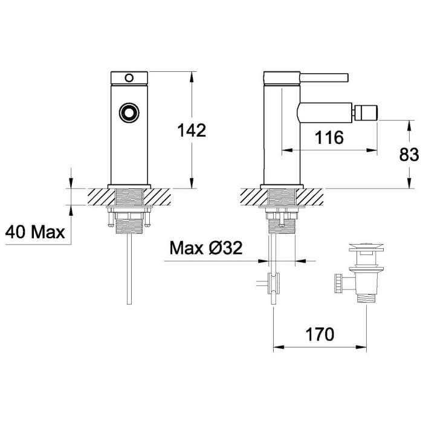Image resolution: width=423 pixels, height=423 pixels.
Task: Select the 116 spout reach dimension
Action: point(329,138)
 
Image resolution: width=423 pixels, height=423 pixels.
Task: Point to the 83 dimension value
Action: point(409,155)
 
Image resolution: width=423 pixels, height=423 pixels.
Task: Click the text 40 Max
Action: point(35,231)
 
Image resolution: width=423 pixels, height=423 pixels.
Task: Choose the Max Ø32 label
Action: point(205,248)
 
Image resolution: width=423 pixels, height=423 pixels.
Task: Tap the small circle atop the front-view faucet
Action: point(128,77)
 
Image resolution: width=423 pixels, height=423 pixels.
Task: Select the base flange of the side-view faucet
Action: point(281,184)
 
